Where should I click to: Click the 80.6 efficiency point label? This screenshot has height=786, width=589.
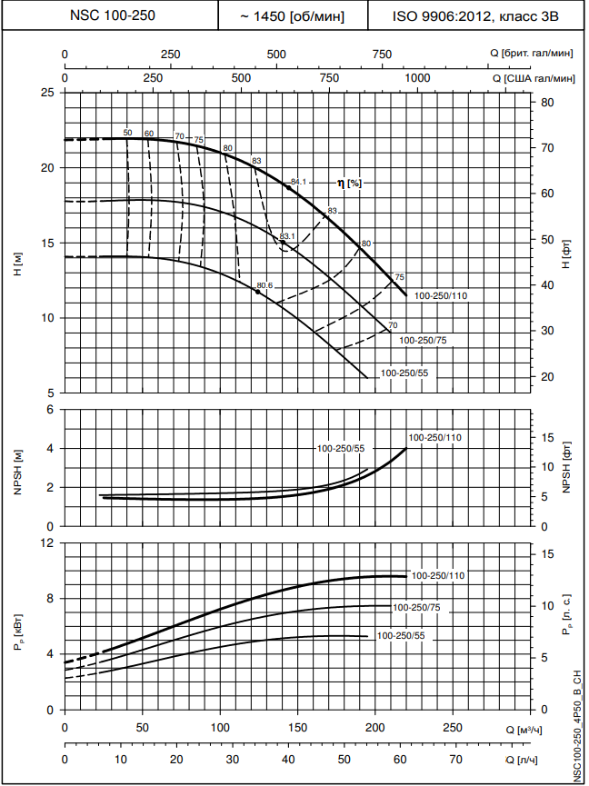(265, 286)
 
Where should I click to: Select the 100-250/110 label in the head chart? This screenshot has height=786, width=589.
(442, 296)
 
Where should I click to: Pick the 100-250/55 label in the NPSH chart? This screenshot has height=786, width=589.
(341, 449)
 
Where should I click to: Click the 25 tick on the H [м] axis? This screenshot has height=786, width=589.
(48, 93)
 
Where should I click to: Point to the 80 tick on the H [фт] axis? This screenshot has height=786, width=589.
(548, 103)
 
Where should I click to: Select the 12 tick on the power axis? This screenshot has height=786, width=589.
(48, 542)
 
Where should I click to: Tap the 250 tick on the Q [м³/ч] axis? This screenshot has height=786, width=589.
(452, 729)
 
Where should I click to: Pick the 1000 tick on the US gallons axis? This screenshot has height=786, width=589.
(417, 78)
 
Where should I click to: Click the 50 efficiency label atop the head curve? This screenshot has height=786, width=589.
(127, 133)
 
